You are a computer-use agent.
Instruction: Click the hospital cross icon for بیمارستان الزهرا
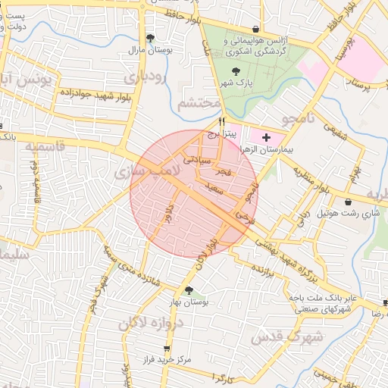coord(266,138)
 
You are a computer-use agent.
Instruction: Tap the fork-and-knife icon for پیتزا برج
coord(222,121)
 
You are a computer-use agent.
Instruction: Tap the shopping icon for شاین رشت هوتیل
coord(348,202)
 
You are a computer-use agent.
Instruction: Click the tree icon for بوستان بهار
coord(189,290)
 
